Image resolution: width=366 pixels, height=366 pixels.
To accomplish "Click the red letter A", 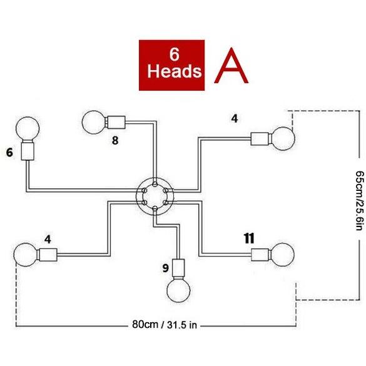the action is pyautogui.click(x=231, y=66).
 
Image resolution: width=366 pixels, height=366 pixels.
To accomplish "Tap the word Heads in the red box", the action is pyautogui.click(x=174, y=71).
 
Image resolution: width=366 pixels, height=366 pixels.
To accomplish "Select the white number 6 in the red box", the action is pyautogui.click(x=175, y=54).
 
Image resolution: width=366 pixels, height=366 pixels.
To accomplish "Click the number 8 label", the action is pyautogui.click(x=115, y=141).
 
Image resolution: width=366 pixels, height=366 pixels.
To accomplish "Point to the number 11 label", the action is pyautogui.click(x=249, y=238).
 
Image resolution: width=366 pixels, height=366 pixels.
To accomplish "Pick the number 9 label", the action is pyautogui.click(x=166, y=268).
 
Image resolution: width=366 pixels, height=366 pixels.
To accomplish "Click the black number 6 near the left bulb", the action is pyautogui.click(x=9, y=153).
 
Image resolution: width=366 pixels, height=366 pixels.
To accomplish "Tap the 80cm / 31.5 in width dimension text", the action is pyautogui.click(x=165, y=325).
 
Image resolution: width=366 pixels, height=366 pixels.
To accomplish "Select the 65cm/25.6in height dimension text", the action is pyautogui.click(x=360, y=200).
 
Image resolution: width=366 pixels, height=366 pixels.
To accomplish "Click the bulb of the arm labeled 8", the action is pyautogui.click(x=94, y=122).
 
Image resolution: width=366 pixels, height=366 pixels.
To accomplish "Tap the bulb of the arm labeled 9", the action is pyautogui.click(x=178, y=290).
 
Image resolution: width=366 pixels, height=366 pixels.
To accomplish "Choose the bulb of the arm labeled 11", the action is pyautogui.click(x=283, y=255).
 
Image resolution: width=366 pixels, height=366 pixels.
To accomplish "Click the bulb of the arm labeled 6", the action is pyautogui.click(x=28, y=129).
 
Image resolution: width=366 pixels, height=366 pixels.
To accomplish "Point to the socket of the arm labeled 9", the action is pyautogui.click(x=178, y=268).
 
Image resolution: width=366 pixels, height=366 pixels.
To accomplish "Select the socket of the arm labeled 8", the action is pyautogui.click(x=116, y=122).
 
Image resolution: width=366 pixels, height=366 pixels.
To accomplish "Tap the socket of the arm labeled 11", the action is pyautogui.click(x=260, y=255).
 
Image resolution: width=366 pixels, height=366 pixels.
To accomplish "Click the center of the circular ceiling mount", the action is pyautogui.click(x=155, y=196).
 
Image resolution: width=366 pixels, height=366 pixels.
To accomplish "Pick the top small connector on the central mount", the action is pyautogui.click(x=155, y=185).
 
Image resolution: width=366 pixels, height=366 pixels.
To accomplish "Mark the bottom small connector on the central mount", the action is pyautogui.click(x=155, y=208).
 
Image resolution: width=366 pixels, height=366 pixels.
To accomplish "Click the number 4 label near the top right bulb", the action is pyautogui.click(x=235, y=119).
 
